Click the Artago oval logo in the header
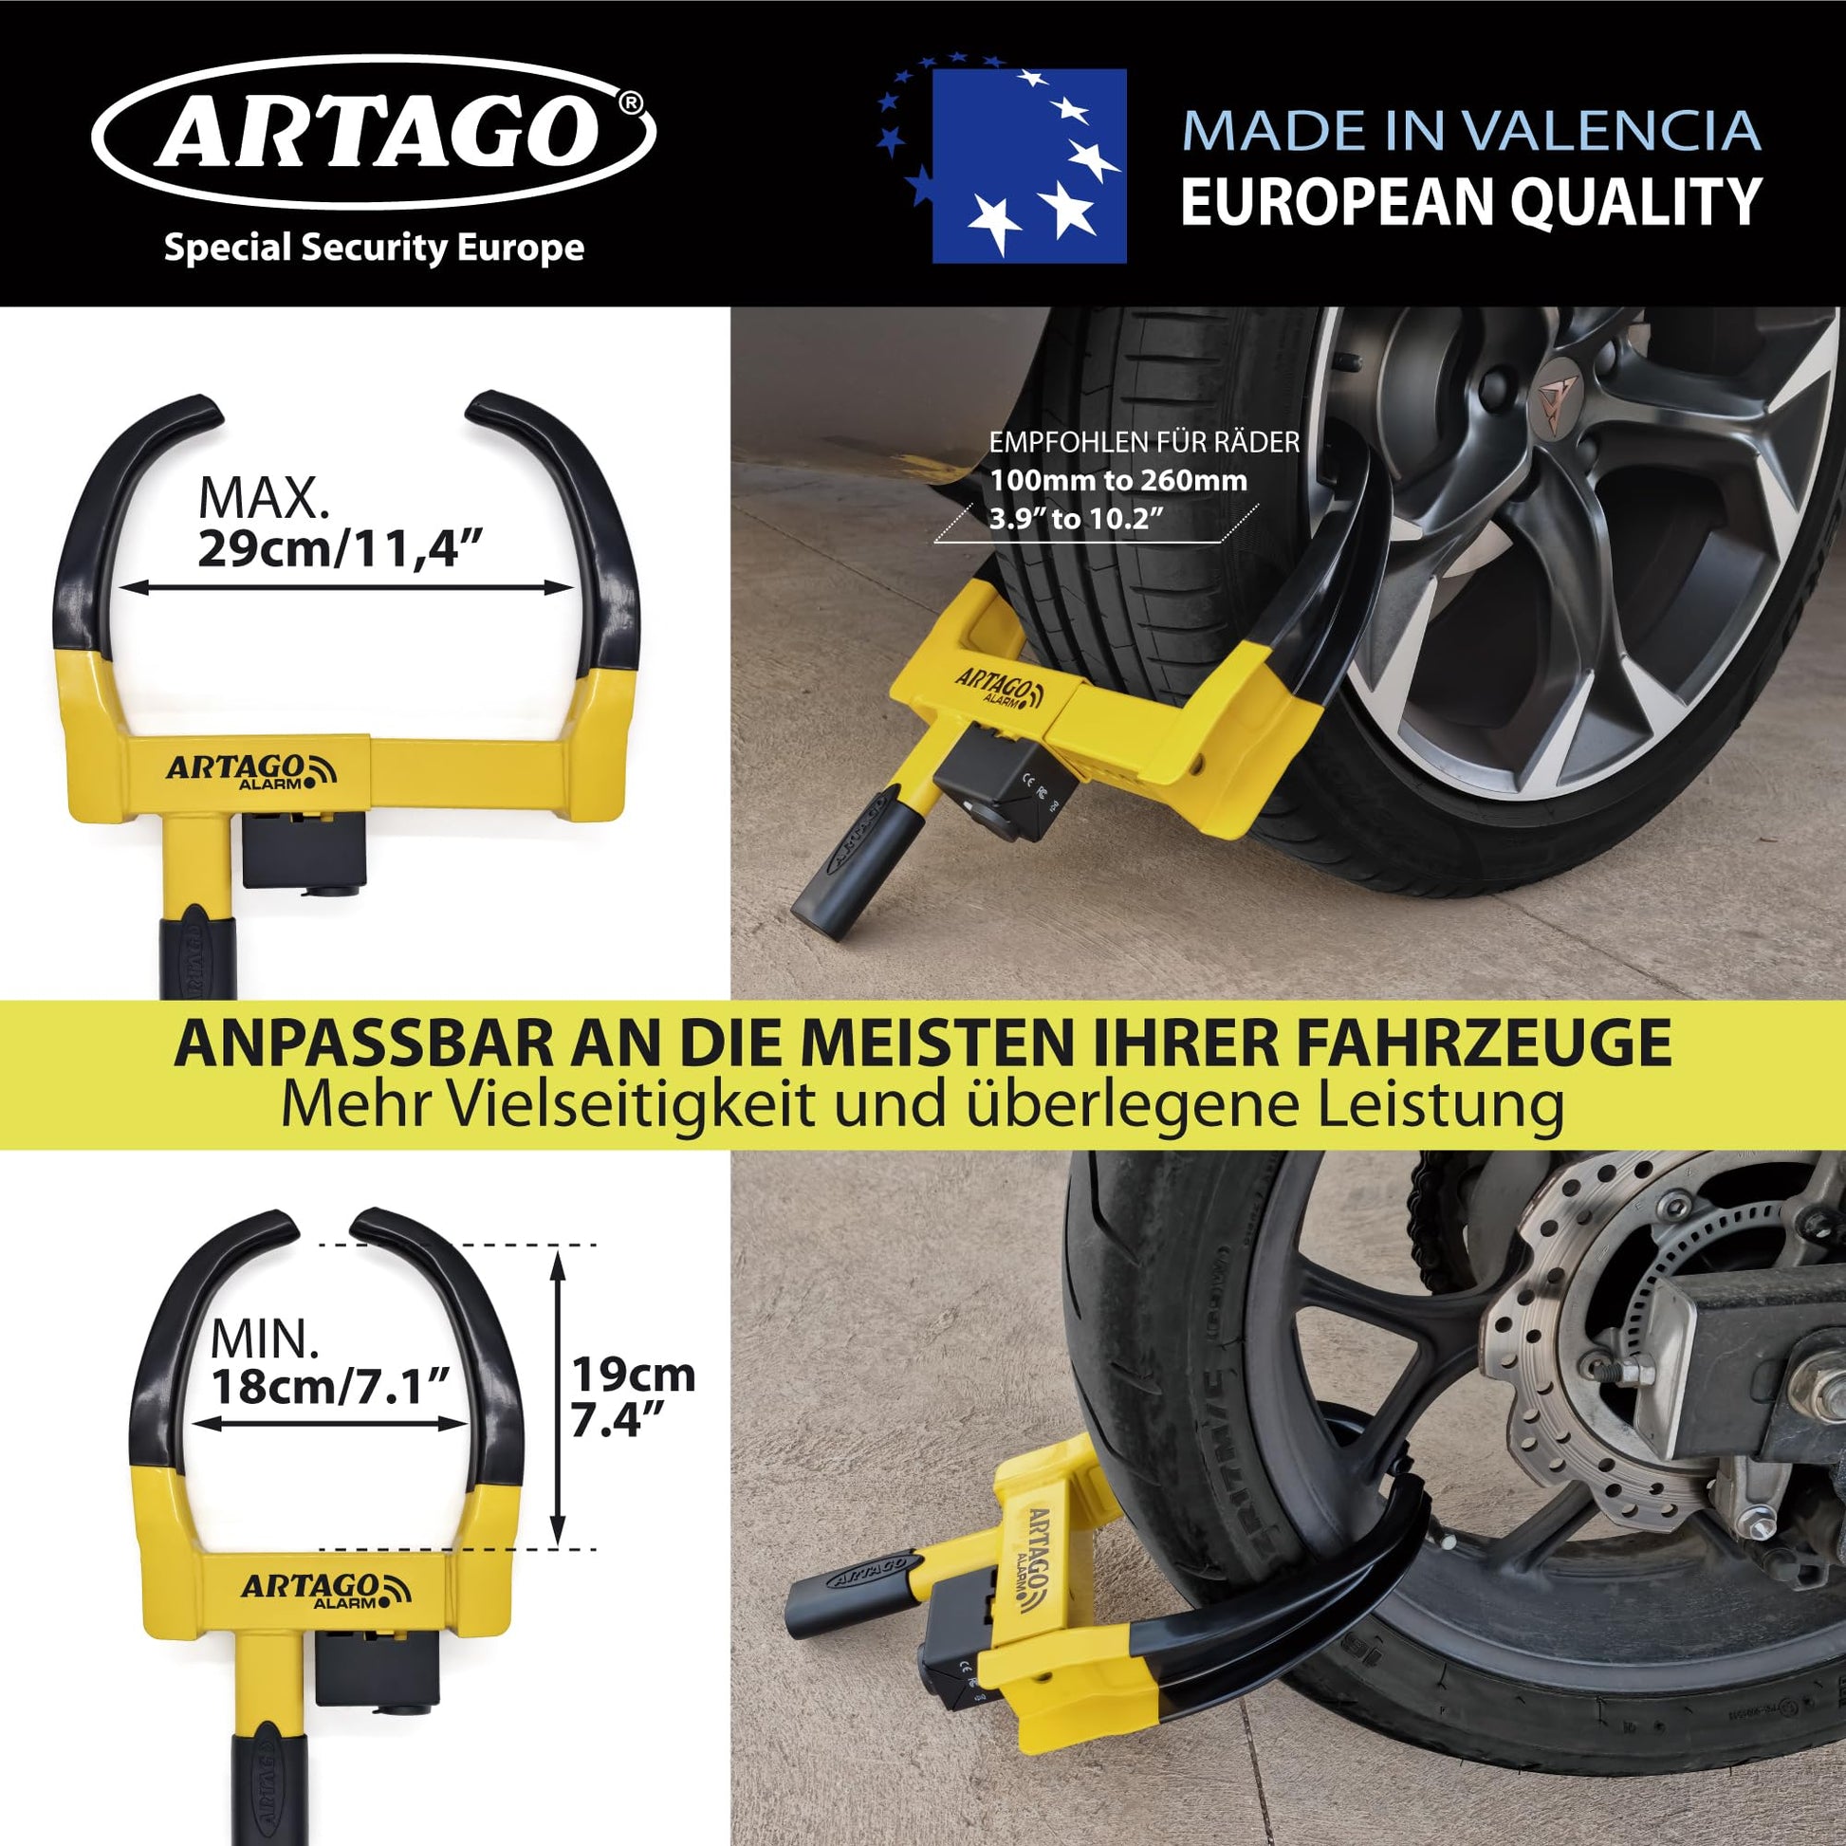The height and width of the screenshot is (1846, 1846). click(x=375, y=132)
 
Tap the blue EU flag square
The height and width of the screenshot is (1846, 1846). click(x=1029, y=166)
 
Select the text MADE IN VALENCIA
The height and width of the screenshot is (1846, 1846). click(x=1471, y=131)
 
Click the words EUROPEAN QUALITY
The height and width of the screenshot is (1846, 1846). click(x=1471, y=202)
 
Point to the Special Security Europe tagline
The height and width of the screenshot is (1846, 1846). click(x=375, y=248)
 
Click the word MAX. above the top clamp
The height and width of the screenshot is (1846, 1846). click(x=263, y=498)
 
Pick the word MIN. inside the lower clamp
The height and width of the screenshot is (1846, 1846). click(x=265, y=1340)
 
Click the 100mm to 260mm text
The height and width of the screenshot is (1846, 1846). click(x=1118, y=480)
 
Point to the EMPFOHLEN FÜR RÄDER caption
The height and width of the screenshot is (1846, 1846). click(x=1145, y=442)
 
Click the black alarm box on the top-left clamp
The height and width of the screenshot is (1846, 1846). click(x=304, y=849)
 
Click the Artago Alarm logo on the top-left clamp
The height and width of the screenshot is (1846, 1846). click(x=252, y=771)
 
